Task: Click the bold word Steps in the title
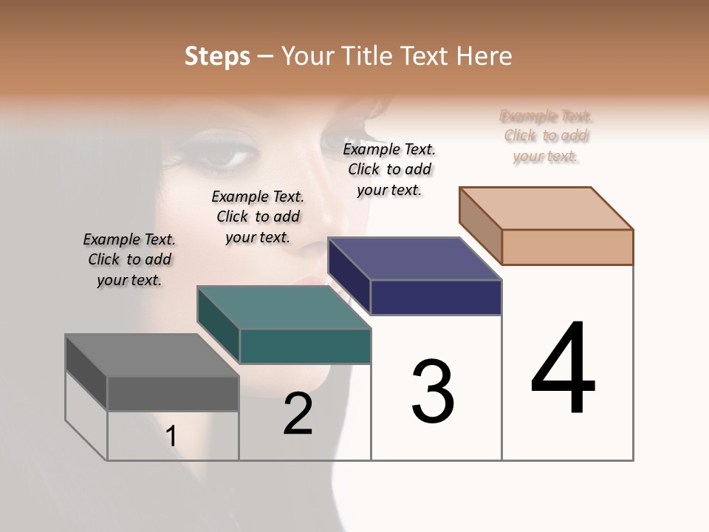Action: pos(217,56)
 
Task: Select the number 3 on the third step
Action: pos(432,392)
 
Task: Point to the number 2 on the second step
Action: pos(298,414)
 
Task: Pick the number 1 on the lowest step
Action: pos(171,436)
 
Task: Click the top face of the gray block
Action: pos(151,355)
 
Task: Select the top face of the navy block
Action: pos(414,259)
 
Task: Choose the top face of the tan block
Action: pos(546,208)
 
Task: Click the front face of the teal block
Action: pos(305,346)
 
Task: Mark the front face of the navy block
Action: pos(436,297)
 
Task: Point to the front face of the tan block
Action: pos(567,247)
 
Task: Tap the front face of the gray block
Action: pos(173,393)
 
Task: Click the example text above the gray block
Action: pos(129,259)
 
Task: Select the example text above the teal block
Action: pos(258,216)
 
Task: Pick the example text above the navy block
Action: pos(389,169)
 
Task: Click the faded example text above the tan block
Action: pos(546,136)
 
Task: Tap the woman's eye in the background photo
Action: pos(227,156)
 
